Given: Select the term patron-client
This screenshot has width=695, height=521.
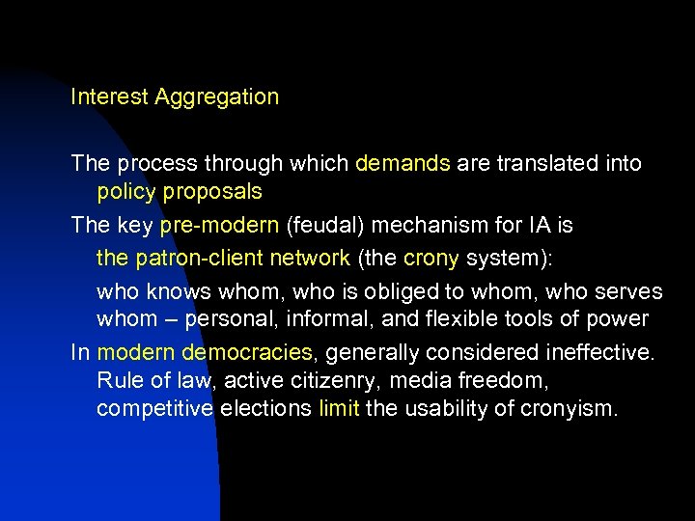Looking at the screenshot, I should [191, 258].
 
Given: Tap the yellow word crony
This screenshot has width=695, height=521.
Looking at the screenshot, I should [431, 258].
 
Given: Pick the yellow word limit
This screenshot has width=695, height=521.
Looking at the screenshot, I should [339, 408].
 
